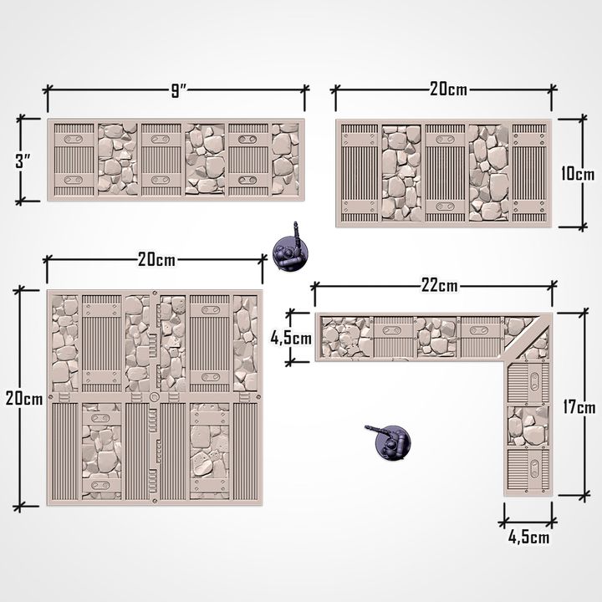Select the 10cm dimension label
(x=577, y=174)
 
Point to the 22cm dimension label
(x=440, y=286)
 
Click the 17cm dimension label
(x=578, y=408)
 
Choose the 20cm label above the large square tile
(x=156, y=259)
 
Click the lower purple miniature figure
(x=390, y=442)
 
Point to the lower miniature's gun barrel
(x=375, y=430)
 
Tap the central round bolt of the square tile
(x=155, y=395)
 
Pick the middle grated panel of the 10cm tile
(x=445, y=173)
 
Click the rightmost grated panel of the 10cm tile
(x=528, y=173)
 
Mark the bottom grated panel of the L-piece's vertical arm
(x=527, y=472)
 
